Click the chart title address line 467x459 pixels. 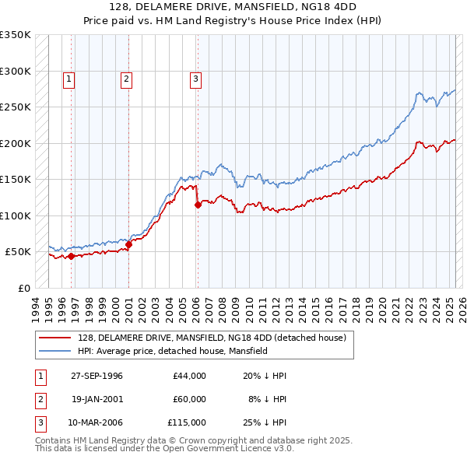pyautogui.click(x=233, y=9)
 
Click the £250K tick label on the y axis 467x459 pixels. pyautogui.click(x=16, y=107)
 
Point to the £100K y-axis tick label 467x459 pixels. pyautogui.click(x=16, y=215)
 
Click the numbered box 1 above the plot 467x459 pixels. pyautogui.click(x=69, y=78)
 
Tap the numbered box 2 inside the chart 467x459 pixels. pyautogui.click(x=126, y=78)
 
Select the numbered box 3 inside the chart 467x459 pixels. pyautogui.click(x=195, y=78)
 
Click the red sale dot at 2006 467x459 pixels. pyautogui.click(x=198, y=205)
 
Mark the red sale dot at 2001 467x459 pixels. pyautogui.click(x=129, y=244)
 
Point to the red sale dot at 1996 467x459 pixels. pyautogui.click(x=72, y=256)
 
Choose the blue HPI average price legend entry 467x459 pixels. pyautogui.click(x=172, y=351)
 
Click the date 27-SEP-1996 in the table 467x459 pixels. pyautogui.click(x=97, y=376)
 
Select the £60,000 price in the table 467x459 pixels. pyautogui.click(x=189, y=399)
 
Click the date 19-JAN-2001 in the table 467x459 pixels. pyautogui.click(x=97, y=399)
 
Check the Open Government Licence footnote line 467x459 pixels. pyautogui.click(x=164, y=449)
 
